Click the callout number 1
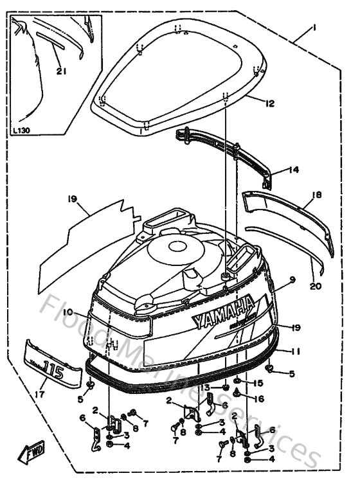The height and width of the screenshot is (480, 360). point(314,28)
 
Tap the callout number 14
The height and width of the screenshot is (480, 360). point(293,170)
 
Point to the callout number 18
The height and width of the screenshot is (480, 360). point(316,194)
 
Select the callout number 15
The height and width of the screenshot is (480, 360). point(259,384)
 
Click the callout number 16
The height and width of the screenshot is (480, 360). point(259,398)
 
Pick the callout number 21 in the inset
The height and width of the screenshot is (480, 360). point(60,71)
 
